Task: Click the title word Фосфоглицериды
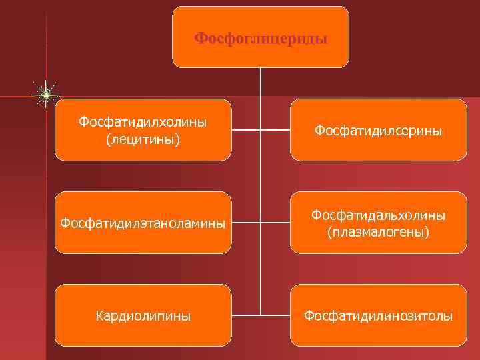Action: coord(261,38)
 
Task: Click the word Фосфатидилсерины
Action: coord(378,131)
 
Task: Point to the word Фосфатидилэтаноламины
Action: coord(143,223)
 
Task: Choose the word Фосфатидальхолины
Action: coord(378,215)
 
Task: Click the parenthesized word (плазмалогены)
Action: coord(378,232)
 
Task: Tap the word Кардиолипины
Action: coord(143,315)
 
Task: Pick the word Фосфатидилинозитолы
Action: coord(378,315)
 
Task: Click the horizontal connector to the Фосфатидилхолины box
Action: coord(246,130)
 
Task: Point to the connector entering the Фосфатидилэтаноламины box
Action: coord(246,223)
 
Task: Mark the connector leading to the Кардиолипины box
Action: coord(246,315)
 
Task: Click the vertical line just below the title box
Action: coord(261,83)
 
